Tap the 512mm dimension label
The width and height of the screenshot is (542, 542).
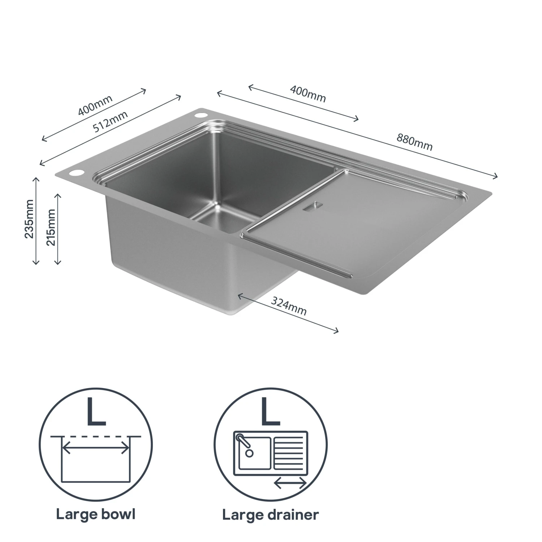pos(111,121)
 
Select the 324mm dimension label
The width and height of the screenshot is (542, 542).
pos(289,306)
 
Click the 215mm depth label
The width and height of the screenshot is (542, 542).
pos(51,227)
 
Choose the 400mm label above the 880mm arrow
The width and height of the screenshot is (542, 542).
pos(308,94)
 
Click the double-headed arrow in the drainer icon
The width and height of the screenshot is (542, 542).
pos(290,483)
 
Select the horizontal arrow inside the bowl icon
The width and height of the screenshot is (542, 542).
pos(96,449)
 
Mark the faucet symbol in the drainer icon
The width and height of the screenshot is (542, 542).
pos(244,444)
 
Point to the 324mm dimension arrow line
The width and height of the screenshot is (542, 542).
pos(288,313)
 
